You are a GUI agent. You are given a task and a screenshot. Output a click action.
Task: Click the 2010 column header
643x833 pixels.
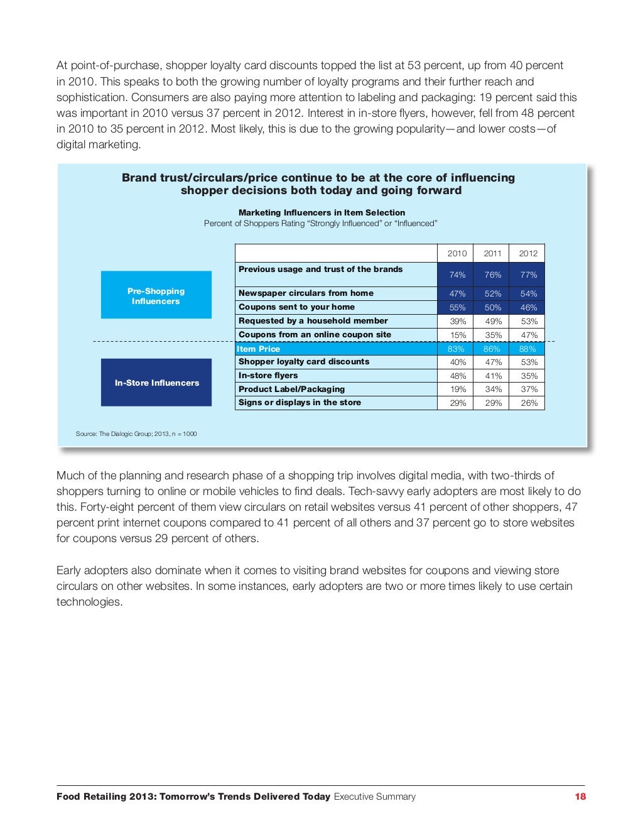click(x=457, y=254)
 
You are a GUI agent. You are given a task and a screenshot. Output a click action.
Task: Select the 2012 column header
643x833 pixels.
click(x=528, y=254)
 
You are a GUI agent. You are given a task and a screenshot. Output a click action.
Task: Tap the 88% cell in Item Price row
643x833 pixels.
click(x=527, y=349)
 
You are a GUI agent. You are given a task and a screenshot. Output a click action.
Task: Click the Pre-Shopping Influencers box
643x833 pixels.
click(x=156, y=296)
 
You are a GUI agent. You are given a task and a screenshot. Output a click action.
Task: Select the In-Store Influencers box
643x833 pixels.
click(x=156, y=383)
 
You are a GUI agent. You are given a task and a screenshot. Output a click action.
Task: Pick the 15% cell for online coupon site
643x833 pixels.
click(x=458, y=335)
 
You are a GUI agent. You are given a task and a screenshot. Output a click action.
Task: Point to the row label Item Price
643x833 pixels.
click(x=259, y=349)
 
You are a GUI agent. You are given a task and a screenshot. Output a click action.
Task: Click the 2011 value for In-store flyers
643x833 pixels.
click(x=493, y=376)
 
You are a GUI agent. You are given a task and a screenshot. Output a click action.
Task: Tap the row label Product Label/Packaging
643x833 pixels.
click(x=291, y=389)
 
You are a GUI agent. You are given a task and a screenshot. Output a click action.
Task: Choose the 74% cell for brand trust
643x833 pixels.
click(x=457, y=275)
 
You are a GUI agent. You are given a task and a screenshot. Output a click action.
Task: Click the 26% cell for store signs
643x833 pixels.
click(x=529, y=403)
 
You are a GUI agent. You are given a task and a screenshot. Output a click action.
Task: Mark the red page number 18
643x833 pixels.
click(x=580, y=797)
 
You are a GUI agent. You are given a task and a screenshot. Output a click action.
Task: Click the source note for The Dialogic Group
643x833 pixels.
click(x=136, y=433)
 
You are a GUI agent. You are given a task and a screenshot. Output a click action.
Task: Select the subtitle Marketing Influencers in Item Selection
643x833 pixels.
click(x=321, y=212)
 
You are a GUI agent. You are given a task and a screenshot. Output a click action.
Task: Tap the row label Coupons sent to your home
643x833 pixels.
click(x=296, y=307)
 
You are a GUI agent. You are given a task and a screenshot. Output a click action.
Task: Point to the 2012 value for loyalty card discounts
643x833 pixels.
click(x=529, y=362)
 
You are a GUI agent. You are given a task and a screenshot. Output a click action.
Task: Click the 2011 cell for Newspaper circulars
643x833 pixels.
click(x=493, y=294)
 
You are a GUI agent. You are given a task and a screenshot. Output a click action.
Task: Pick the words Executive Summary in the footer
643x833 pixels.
click(x=375, y=797)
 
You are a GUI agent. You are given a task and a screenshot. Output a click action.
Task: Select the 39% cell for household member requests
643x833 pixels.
click(x=458, y=321)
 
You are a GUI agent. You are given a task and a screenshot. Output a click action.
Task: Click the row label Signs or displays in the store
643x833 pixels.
click(x=300, y=403)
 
